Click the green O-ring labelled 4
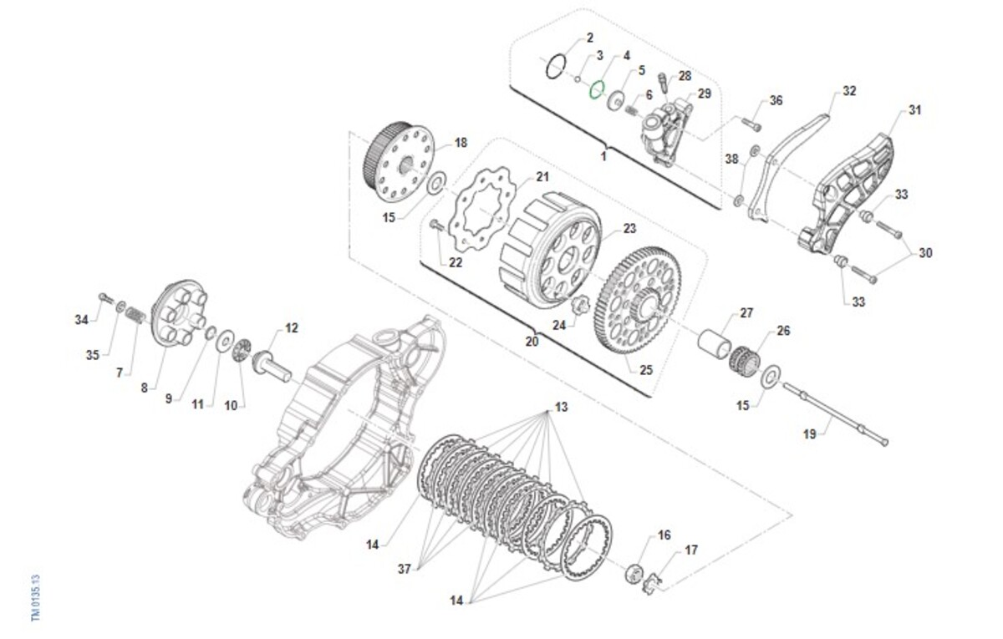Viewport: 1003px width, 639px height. point(597,89)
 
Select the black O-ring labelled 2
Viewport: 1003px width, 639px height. point(555,67)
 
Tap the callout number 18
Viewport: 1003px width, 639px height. point(461,143)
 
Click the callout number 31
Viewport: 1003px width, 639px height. point(914,110)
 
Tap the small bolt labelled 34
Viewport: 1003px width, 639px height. point(104,297)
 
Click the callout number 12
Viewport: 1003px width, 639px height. point(291,328)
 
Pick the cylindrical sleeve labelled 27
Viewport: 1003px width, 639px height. point(716,344)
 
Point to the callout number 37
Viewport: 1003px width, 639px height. point(405,569)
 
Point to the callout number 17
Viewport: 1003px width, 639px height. point(691,550)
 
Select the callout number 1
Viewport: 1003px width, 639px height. point(603,156)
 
